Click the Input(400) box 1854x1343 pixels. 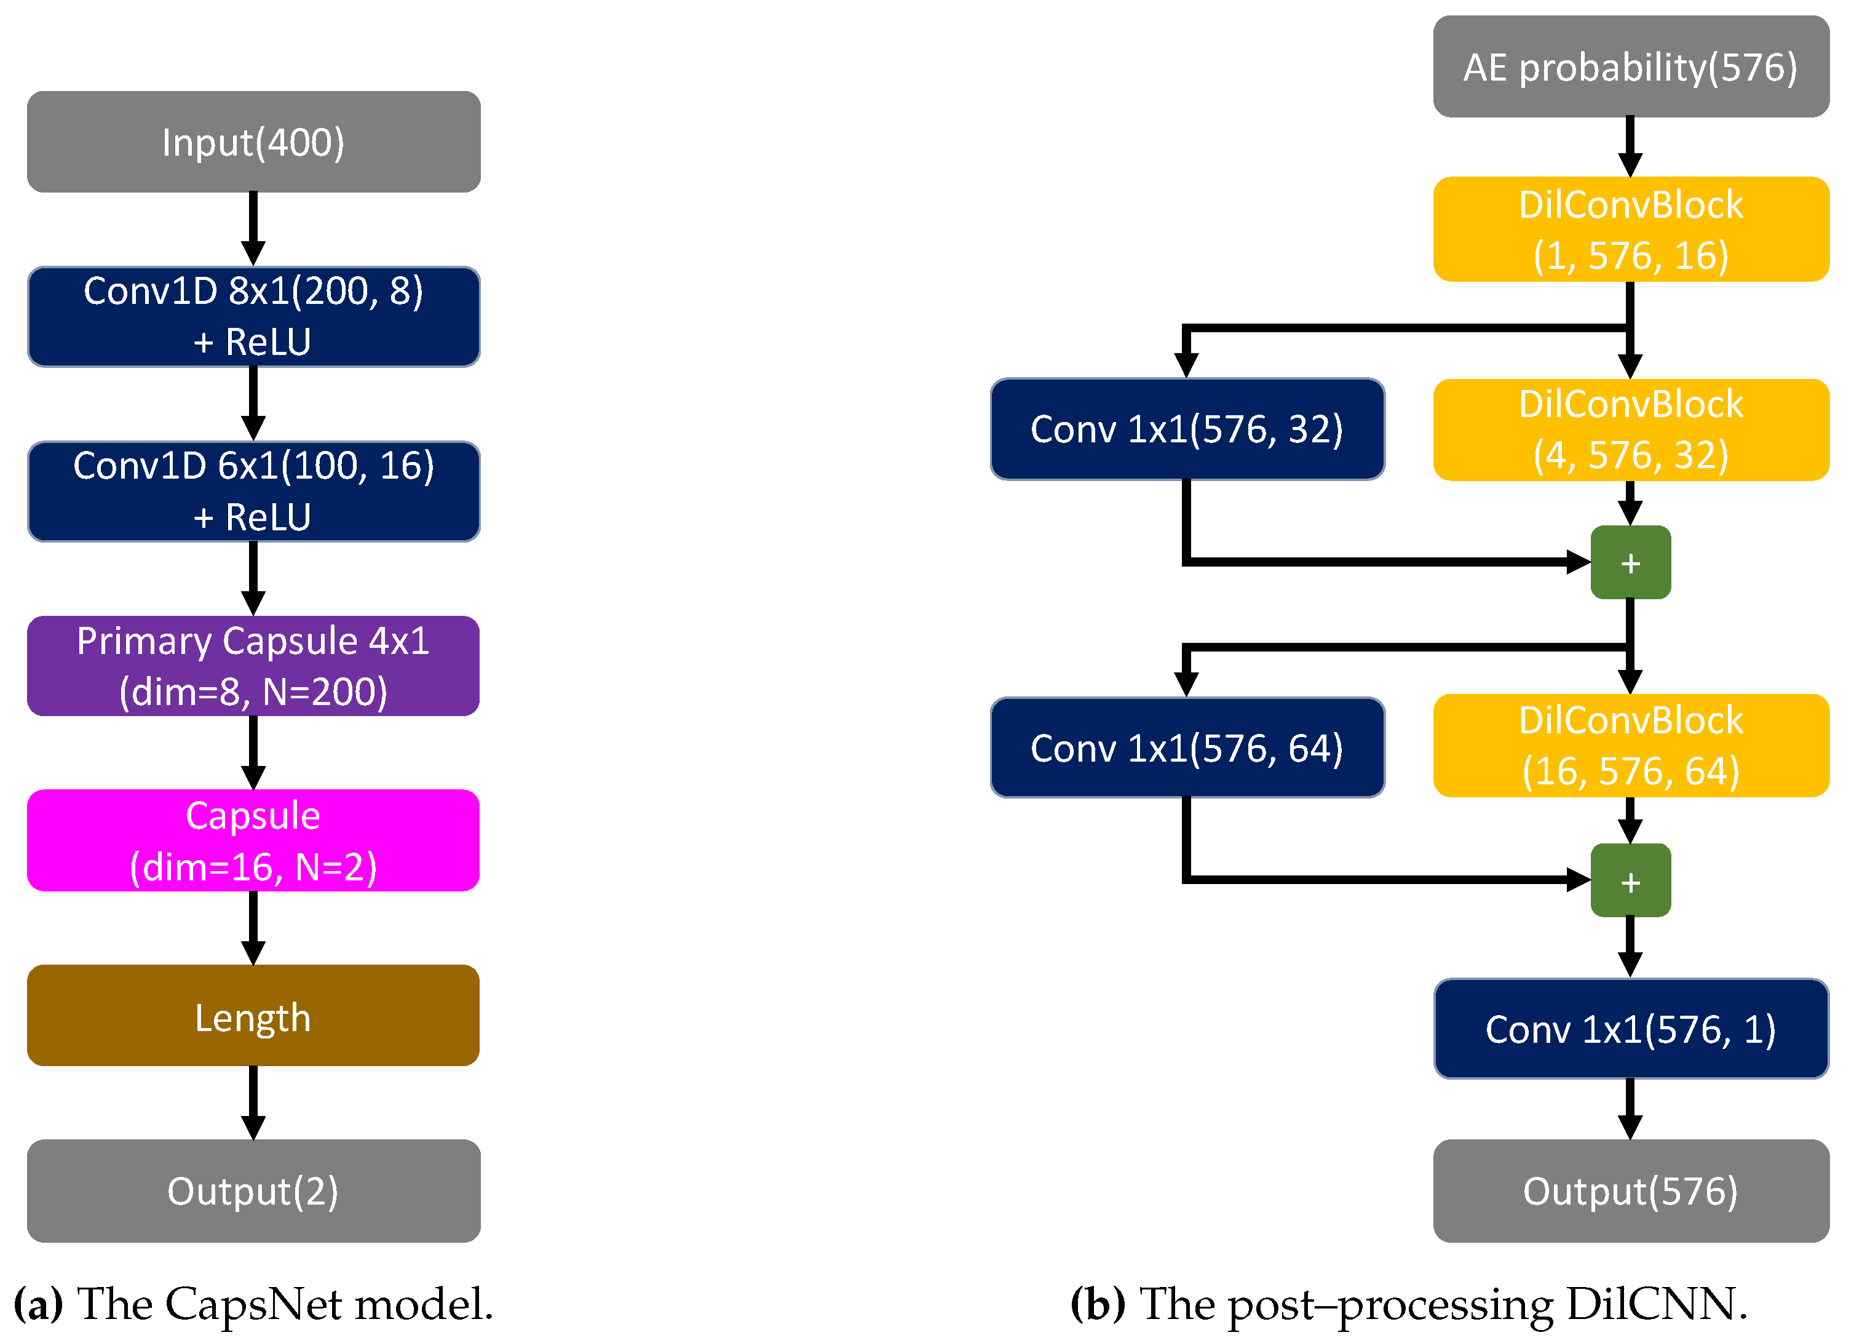[253, 141]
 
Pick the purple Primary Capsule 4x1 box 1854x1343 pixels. [253, 666]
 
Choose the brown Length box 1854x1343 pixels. [253, 1015]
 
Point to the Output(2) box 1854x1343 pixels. [253, 1191]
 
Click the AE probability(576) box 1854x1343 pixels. [1631, 66]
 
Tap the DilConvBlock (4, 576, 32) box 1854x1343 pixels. [1631, 429]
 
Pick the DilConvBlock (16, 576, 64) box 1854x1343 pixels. [1631, 745]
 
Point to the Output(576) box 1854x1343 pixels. [1631, 1191]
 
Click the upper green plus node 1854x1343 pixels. [1630, 563]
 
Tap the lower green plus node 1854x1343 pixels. [1630, 881]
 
